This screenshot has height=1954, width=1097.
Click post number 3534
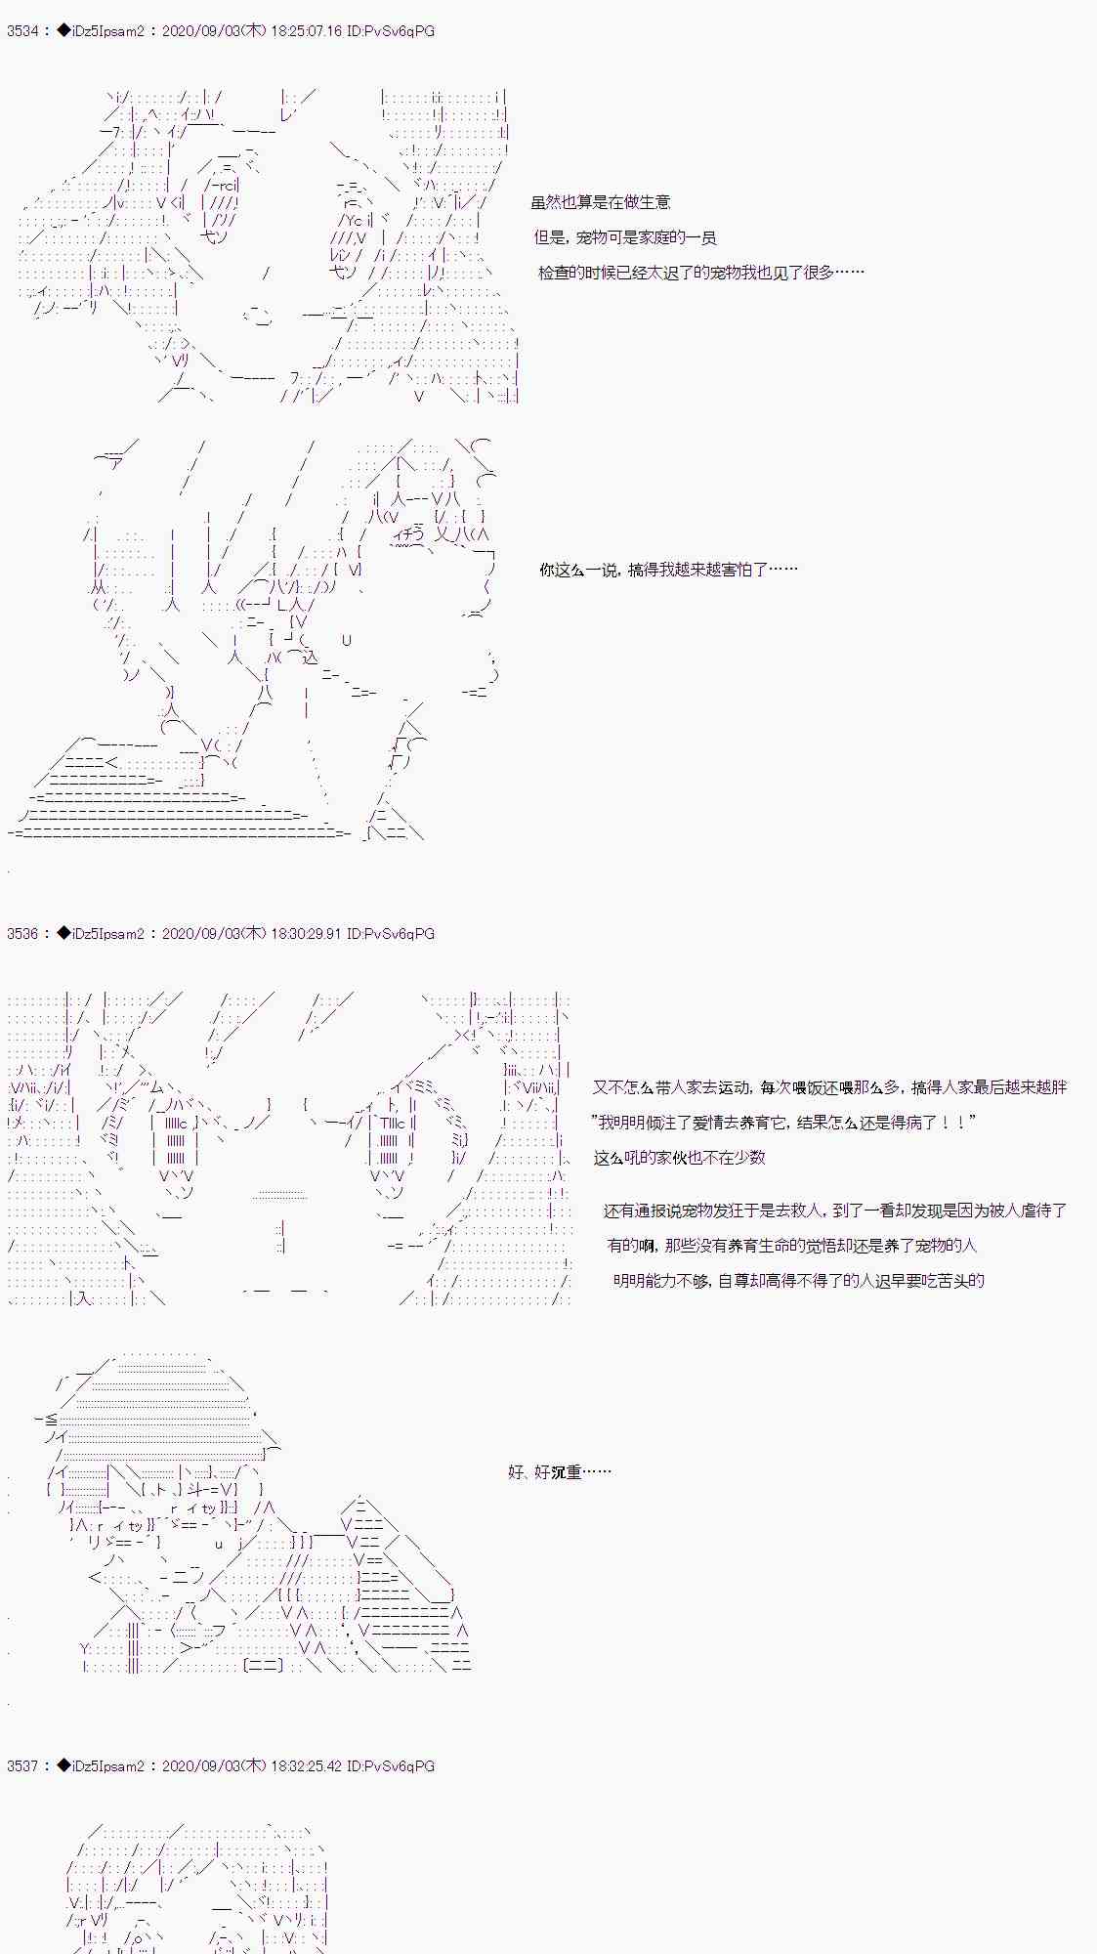22,31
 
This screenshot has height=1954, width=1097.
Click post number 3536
22,934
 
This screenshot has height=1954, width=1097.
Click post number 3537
22,1766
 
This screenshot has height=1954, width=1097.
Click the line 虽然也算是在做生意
601,202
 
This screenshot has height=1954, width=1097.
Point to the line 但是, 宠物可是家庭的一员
625,237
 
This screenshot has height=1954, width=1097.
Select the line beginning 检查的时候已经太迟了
701,273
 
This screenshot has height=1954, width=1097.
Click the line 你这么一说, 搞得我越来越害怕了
669,570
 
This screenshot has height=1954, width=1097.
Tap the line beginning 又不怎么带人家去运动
829,1087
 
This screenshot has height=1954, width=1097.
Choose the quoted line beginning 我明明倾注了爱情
784,1123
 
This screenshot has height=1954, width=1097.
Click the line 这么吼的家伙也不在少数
680,1158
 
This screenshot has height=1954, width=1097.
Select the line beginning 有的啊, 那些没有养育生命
792,1246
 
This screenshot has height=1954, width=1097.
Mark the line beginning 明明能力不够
799,1281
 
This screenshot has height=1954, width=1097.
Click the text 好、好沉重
560,1472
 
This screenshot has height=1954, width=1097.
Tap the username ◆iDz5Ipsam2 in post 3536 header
101,934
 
